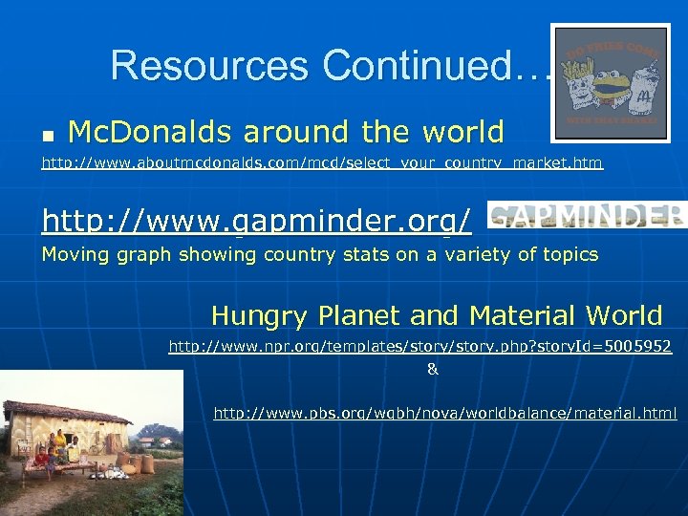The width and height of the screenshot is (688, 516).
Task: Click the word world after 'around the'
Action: (462, 131)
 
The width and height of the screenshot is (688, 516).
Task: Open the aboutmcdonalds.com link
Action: (322, 163)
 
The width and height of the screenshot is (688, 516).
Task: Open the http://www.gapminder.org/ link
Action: (256, 222)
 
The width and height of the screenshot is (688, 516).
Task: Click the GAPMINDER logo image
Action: (586, 215)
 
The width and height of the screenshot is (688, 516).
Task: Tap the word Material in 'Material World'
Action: (527, 315)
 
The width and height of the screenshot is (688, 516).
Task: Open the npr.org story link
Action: (419, 347)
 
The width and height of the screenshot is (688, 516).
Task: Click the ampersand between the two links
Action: (432, 369)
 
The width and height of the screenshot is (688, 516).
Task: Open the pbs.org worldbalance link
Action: (444, 413)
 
